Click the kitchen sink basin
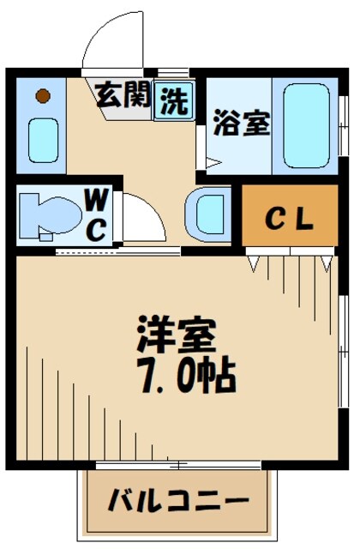[x=41, y=137]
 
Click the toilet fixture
[x=47, y=214]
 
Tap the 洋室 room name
[x=178, y=334]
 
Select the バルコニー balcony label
[x=178, y=501]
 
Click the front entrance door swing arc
[x=114, y=43]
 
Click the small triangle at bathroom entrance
[x=211, y=159]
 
